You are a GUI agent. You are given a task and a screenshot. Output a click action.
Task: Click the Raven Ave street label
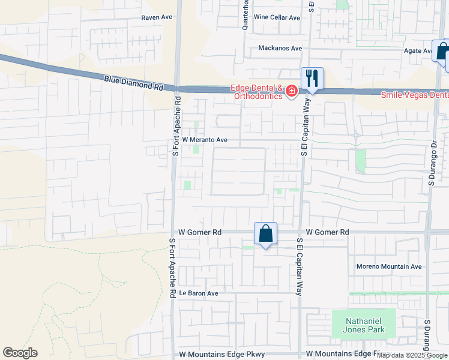157,17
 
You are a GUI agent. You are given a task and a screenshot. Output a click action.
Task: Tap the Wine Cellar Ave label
277,17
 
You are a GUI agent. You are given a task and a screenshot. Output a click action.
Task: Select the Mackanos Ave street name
280,48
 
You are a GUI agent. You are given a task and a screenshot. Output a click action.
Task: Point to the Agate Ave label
418,51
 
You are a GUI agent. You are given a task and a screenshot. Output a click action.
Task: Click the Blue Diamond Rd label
133,82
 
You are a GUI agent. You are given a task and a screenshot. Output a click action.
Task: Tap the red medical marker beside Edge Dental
292,91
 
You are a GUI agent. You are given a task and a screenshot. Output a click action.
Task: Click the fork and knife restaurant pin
312,79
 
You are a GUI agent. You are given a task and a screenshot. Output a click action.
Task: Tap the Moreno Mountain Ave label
389,266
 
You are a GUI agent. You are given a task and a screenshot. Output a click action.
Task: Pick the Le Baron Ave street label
198,293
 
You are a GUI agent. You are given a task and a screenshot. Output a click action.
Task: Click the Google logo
20,353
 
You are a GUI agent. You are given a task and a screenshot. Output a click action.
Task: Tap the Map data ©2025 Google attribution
412,355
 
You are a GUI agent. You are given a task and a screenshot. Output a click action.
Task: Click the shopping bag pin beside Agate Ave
441,52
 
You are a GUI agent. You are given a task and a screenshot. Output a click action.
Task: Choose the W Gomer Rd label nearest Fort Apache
200,232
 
